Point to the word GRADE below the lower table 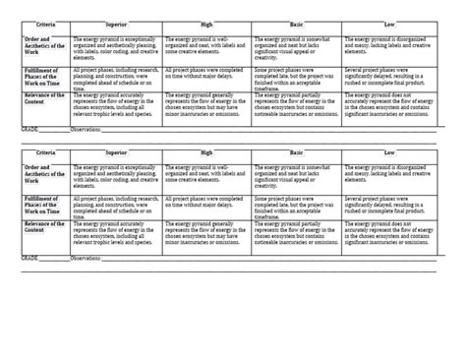[x=30, y=263]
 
